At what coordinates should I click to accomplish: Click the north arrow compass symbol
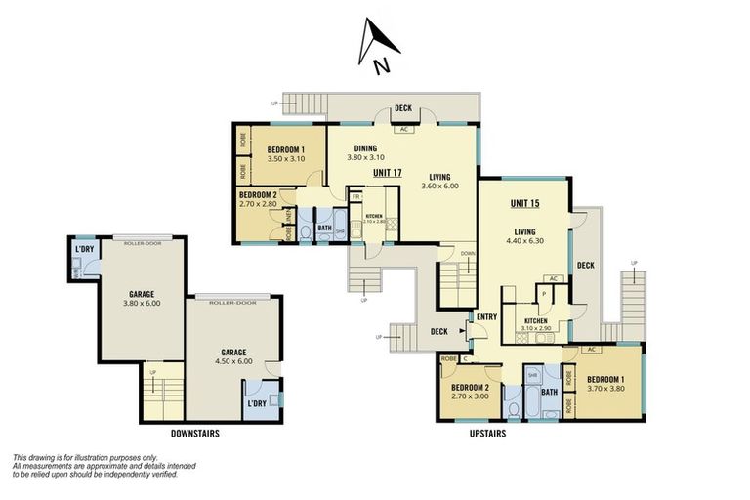coord(379,47)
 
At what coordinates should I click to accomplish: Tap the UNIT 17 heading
coord(387,173)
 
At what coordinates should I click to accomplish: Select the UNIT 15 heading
coord(527,204)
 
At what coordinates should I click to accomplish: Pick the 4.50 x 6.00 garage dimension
coord(231,361)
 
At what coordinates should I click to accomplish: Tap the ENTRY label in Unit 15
coord(486,316)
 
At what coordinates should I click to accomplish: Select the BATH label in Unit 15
coord(549,393)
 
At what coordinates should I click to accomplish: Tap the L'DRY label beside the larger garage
coord(258,403)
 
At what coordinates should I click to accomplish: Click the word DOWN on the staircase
coord(468,253)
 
